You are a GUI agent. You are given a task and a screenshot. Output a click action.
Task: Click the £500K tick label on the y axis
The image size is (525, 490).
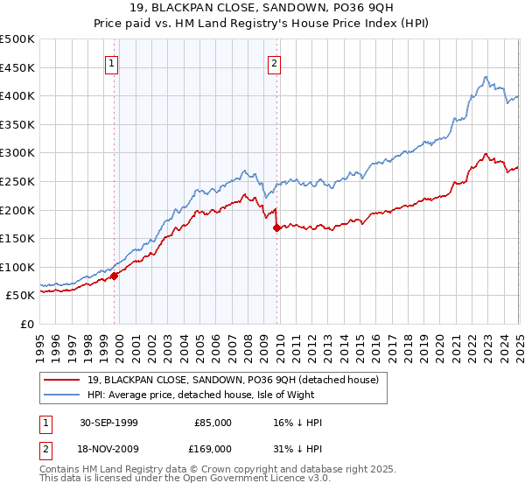17,39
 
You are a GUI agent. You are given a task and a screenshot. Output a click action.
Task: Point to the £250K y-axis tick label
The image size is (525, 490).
17,181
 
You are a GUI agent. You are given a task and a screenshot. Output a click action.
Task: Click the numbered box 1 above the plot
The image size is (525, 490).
114,63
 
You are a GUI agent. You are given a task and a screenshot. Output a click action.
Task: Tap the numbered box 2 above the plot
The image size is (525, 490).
274,63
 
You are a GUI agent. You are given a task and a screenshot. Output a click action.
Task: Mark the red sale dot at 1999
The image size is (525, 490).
115,276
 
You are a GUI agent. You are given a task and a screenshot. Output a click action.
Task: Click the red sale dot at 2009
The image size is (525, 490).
276,227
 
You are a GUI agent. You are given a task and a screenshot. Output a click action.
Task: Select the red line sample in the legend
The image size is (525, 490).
61,380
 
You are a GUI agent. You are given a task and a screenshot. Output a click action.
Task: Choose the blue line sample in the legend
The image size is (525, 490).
61,394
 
